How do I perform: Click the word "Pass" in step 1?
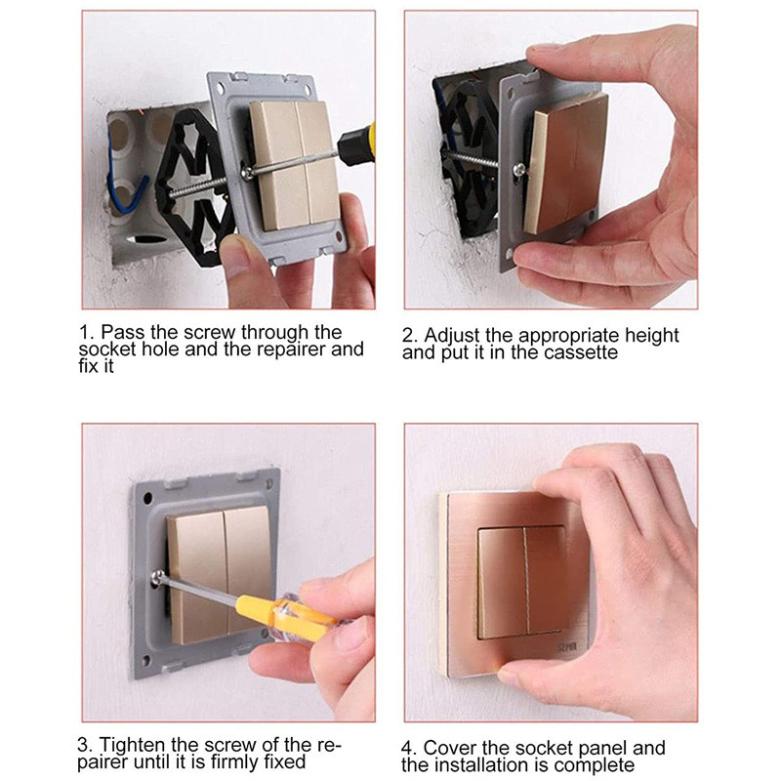click(x=120, y=332)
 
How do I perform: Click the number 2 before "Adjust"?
click(x=408, y=336)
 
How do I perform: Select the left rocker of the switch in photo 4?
click(x=501, y=581)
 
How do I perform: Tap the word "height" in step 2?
click(x=647, y=336)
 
